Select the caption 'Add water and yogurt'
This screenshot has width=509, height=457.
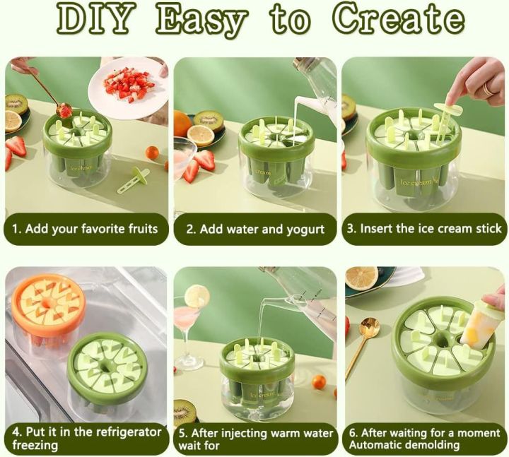coord(255,229)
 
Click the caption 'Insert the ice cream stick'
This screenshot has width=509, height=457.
coord(423,229)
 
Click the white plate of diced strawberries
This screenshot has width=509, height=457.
coord(128,84)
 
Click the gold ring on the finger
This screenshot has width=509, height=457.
coord(488,89)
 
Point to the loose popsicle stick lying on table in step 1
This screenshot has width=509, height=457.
coord(132,181)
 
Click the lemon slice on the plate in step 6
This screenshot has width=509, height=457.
coord(362,276)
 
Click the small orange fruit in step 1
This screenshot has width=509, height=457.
coord(152,153)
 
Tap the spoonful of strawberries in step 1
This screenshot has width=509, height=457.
coord(64,110)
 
